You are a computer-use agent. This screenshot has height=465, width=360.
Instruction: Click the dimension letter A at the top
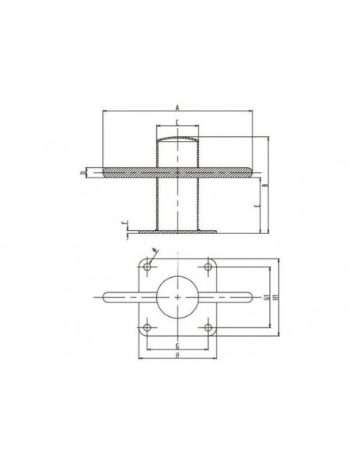point(177,109)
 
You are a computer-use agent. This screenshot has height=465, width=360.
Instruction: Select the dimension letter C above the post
point(177,125)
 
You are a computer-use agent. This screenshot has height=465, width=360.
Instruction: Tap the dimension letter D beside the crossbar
point(82,171)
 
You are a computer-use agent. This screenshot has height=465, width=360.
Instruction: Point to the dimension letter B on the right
point(265,184)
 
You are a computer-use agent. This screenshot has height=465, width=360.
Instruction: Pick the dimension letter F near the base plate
point(122,225)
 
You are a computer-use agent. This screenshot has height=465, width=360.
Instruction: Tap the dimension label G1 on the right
point(264,298)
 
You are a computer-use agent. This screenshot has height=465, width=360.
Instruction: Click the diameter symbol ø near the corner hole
point(155,252)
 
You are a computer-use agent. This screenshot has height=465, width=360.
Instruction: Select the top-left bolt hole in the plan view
point(147,267)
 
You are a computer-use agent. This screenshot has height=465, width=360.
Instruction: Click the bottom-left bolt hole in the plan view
point(147,328)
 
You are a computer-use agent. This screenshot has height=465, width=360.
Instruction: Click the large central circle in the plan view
point(178,298)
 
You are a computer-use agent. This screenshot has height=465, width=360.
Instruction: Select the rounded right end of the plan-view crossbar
point(248,298)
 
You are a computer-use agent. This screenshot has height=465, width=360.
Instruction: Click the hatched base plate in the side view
point(177,232)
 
